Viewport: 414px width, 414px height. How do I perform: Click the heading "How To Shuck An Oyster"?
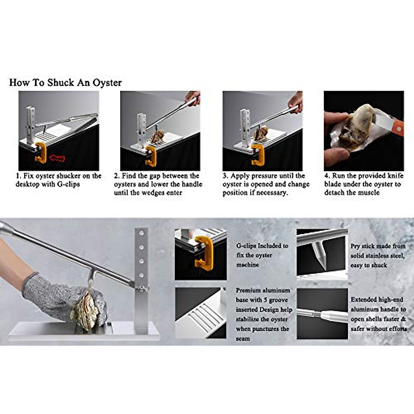click(65, 83)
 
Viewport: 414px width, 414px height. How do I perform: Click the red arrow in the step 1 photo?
click(57, 158)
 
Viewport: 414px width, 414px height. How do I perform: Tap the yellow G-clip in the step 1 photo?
click(41, 152)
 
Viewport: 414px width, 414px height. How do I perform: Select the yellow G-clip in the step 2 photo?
click(151, 156)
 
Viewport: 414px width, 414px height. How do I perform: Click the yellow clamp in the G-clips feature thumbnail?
click(204, 253)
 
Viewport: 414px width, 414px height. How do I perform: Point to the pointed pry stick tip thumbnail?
click(322, 254)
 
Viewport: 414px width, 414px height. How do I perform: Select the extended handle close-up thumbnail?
click(322, 314)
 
